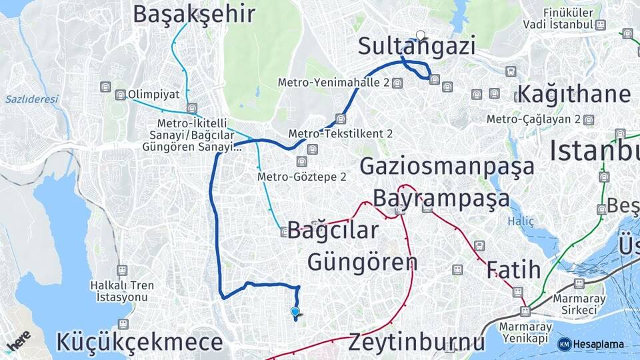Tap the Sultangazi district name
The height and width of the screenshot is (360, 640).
[417, 47]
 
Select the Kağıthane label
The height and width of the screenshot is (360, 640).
[573, 94]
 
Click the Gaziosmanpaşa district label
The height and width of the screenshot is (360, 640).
[447, 165]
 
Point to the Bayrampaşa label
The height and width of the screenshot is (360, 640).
[441, 198]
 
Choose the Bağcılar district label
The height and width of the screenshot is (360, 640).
[333, 231]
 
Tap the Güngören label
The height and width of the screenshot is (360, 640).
[362, 262]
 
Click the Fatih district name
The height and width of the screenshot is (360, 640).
[513, 270]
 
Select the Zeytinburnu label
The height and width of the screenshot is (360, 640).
[417, 343]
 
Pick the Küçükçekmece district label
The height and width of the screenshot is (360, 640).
[139, 343]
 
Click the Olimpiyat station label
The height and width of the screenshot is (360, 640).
[154, 95]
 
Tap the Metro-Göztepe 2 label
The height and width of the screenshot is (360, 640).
[302, 177]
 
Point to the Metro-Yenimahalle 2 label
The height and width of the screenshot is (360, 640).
[334, 83]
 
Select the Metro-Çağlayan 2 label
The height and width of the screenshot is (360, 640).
[533, 119]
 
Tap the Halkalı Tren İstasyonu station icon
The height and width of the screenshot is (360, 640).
[122, 270]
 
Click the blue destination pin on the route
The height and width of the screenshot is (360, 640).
[295, 311]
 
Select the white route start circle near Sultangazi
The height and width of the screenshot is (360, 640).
[420, 35]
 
